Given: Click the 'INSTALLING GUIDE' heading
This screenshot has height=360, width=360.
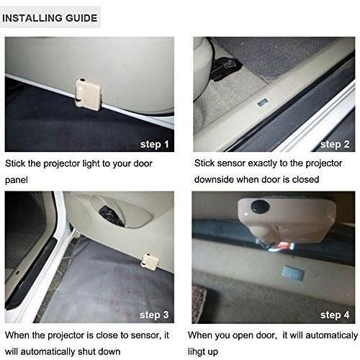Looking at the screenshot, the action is click(50, 18).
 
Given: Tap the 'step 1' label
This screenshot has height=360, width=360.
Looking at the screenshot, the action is click(155, 144).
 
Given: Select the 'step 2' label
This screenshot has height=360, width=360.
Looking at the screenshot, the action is click(335, 144).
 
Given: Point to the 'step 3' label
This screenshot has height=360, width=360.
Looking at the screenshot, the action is click(154, 315).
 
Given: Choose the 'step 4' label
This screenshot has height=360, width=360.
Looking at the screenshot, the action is click(335, 315).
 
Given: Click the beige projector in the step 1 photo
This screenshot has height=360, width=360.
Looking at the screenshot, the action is click(88, 94).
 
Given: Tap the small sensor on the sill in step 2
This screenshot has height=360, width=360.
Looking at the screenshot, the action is click(263, 103).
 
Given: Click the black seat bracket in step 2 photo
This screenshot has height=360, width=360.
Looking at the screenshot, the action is click(225, 69).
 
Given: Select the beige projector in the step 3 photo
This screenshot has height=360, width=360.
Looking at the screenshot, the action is click(150, 261).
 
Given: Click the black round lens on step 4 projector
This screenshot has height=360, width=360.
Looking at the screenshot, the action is click(260, 206).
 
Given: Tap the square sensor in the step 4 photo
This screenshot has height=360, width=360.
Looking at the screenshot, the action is click(292, 274).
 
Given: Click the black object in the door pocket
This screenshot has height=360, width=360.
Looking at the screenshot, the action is click(112, 215).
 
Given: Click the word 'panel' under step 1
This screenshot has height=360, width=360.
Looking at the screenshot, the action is click(17, 180).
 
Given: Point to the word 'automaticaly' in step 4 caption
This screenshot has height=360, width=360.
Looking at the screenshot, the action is click(332, 336).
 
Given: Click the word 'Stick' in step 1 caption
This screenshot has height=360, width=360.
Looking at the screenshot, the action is click(15, 163).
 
